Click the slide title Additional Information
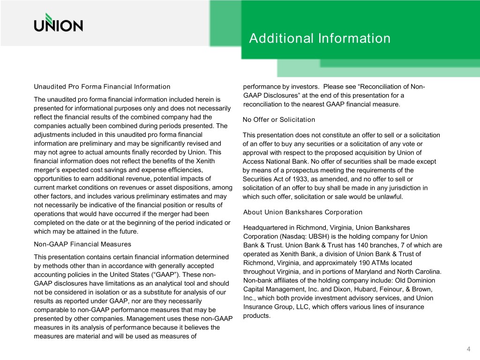click(x=320, y=38)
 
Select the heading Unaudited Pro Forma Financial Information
click(x=102, y=87)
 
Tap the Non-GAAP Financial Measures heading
click(x=82, y=244)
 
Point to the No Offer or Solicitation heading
click(x=279, y=120)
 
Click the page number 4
click(x=468, y=349)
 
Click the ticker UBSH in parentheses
click(x=320, y=236)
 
